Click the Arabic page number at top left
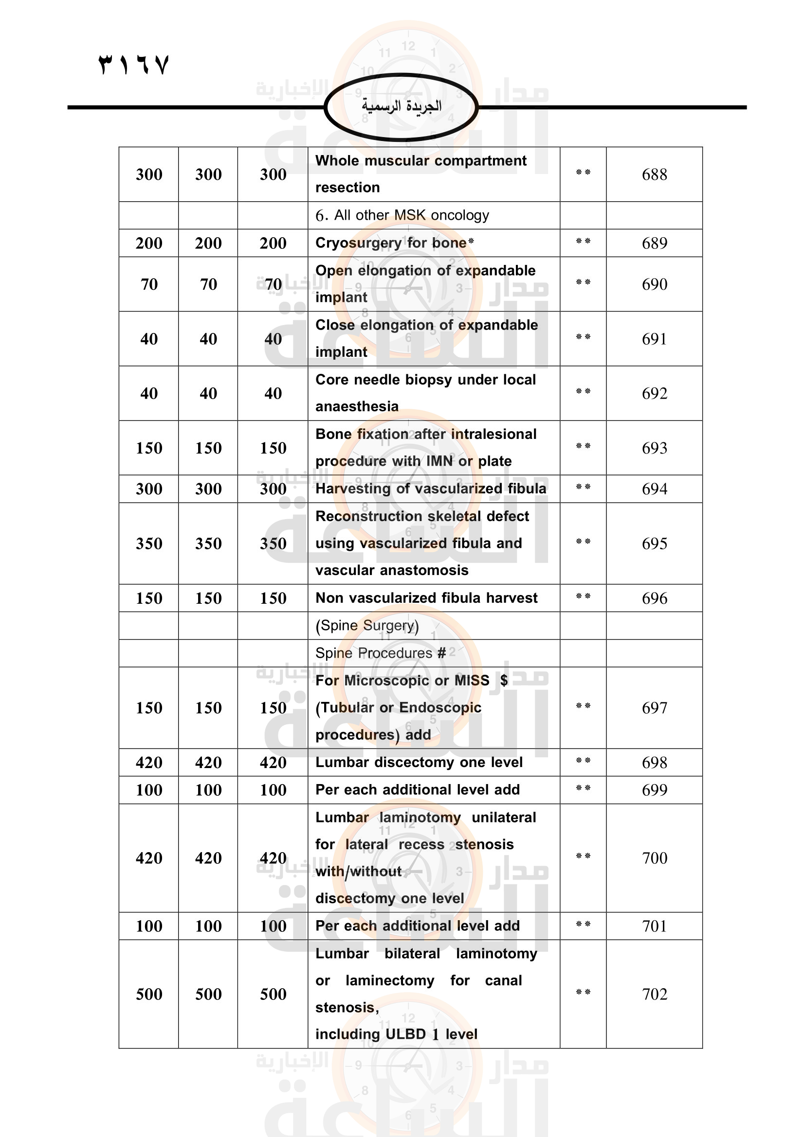coord(134,65)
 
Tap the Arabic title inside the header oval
coord(402,106)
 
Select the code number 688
coord(654,175)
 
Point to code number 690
coord(654,284)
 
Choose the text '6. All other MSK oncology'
coord(402,215)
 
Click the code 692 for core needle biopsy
coord(654,393)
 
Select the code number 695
coord(654,543)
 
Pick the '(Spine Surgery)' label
coord(367,626)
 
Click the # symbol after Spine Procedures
coord(441,653)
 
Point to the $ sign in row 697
coord(504,681)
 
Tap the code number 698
coord(654,762)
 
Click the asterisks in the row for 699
coord(583,788)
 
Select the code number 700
coord(654,857)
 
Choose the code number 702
coord(654,994)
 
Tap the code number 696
coord(654,598)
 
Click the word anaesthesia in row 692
coord(357,406)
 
